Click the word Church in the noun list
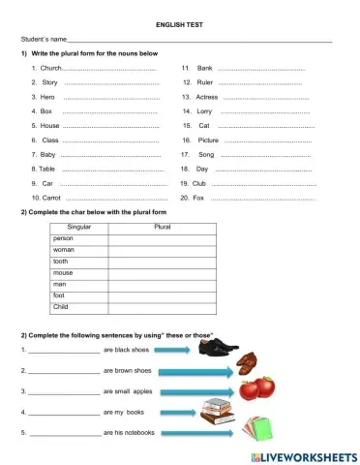click(x=51, y=69)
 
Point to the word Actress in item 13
click(x=207, y=98)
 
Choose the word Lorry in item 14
click(x=204, y=111)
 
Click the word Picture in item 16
click(x=208, y=140)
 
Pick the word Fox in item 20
click(x=198, y=198)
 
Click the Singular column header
click(x=78, y=227)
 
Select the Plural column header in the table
click(x=165, y=227)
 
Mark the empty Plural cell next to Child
click(x=165, y=307)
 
